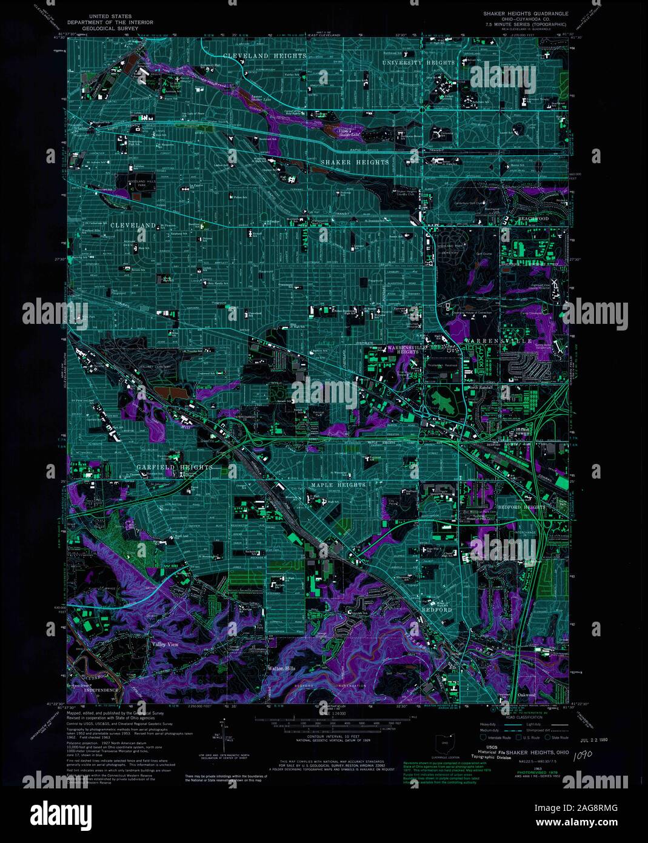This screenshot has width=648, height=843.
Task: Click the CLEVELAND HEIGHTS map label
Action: pyautogui.click(x=264, y=56)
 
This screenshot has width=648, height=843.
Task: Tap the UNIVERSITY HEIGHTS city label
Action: pyautogui.click(x=418, y=62)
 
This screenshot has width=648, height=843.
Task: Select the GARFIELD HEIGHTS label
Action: pyautogui.click(x=174, y=467)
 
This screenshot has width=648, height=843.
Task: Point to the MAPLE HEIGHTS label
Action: pyautogui.click(x=338, y=485)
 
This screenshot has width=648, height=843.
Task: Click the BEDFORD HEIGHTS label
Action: pyautogui.click(x=521, y=506)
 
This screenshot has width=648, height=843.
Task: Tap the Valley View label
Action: pyautogui.click(x=165, y=645)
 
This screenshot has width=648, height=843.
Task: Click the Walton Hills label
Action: pyautogui.click(x=281, y=668)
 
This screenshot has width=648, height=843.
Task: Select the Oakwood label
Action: pyautogui.click(x=526, y=694)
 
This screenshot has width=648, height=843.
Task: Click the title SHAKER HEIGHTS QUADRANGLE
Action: pyautogui.click(x=525, y=13)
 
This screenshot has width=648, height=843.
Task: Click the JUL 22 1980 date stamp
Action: pyautogui.click(x=593, y=740)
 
